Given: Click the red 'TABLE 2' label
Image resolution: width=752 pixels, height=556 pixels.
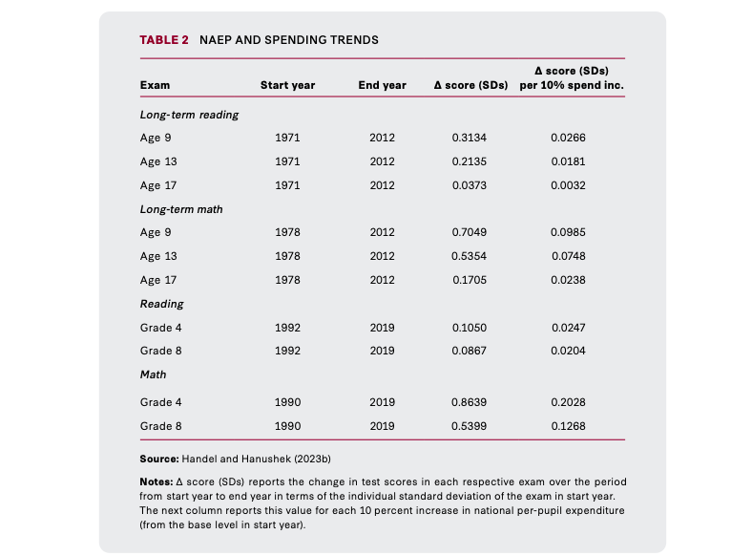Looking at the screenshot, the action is point(164,40).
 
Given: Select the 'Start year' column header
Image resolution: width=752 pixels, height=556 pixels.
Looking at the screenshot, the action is point(288,85).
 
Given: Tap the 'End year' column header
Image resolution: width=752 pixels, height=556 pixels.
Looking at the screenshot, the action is point(383,85).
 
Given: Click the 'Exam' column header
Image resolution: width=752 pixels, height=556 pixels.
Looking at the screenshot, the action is point(155,85).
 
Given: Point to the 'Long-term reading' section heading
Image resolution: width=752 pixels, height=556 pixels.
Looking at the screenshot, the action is point(190,115).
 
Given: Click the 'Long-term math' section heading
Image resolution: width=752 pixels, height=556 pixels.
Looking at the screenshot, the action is point(181,209).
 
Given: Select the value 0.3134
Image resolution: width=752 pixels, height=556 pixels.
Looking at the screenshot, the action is point(469,138).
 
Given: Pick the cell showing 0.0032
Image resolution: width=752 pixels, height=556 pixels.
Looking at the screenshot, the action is point(568,185).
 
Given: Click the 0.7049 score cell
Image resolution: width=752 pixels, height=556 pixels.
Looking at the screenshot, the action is point(469,232).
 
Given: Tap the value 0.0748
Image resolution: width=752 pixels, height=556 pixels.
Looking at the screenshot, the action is point(569,256).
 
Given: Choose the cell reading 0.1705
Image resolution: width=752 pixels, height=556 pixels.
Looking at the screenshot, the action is point(470,280).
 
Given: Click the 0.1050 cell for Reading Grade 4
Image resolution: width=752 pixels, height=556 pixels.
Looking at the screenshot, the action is point(470,328).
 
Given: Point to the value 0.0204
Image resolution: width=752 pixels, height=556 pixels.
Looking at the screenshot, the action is point(569,351).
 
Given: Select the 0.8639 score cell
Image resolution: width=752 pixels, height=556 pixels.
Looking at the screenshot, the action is point(469,402).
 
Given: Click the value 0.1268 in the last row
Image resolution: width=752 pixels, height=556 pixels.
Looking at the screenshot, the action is point(569,426).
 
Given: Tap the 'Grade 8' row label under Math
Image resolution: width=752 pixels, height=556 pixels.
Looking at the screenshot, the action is point(160,426).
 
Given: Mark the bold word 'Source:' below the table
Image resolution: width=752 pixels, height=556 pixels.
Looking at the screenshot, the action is point(159,459).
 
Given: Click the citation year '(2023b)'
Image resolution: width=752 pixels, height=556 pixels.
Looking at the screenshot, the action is point(312,459).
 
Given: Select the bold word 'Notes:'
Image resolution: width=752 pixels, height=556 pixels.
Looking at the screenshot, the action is point(157,481).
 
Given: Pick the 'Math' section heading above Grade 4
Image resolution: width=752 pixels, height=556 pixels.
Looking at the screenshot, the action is point(153,374).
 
